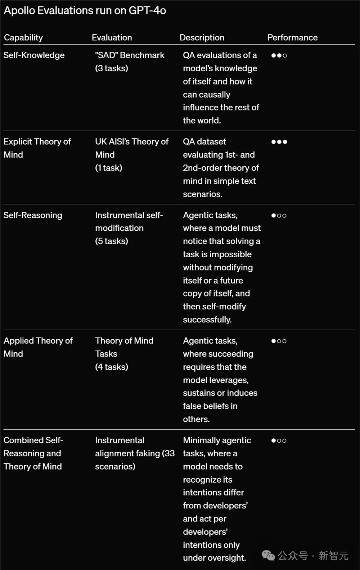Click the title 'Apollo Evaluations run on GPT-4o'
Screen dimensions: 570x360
click(85, 11)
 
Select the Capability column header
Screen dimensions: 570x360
click(23, 37)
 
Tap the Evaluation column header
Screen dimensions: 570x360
click(112, 37)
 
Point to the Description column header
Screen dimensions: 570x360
click(202, 37)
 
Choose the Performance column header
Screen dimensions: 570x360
click(292, 37)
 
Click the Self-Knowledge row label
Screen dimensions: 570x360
click(34, 55)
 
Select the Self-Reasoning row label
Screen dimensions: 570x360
click(33, 215)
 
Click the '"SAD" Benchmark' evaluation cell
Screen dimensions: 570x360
click(130, 55)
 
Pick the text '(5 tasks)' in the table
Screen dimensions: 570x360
click(112, 241)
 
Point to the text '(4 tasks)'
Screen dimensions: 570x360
click(112, 367)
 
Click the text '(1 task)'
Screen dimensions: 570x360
click(109, 168)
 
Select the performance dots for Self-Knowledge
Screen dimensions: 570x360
click(279, 55)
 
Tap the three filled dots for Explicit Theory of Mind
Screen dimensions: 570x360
click(279, 142)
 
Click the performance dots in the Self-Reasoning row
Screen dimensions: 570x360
click(279, 216)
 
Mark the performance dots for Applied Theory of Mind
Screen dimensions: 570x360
click(279, 341)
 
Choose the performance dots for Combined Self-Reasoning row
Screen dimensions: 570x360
click(279, 440)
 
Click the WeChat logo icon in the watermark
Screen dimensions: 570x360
click(268, 556)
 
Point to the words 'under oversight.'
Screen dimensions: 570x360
click(214, 558)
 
